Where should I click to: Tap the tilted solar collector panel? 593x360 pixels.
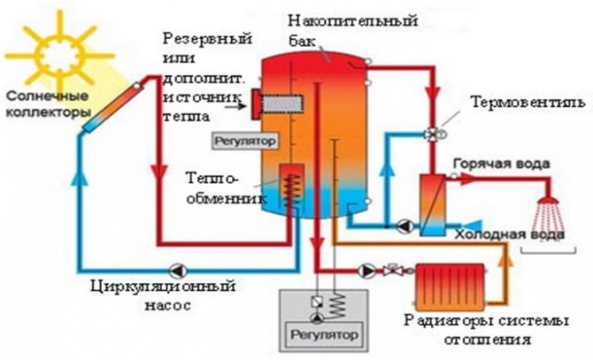[x=112, y=106]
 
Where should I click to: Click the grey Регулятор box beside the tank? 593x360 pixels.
[x=238, y=141]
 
